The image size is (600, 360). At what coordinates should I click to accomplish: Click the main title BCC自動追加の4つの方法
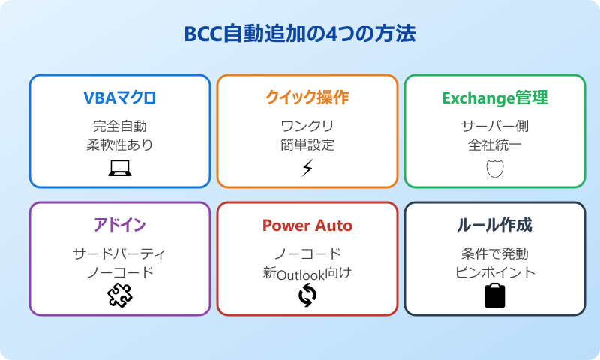click(300, 35)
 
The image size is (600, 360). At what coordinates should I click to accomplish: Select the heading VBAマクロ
click(120, 98)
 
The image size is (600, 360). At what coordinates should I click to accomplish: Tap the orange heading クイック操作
click(307, 98)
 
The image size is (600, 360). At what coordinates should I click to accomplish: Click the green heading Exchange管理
click(495, 98)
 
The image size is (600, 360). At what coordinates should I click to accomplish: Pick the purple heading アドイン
click(120, 226)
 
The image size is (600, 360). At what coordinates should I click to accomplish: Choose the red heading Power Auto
click(307, 226)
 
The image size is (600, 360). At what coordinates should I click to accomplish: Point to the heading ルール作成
click(495, 226)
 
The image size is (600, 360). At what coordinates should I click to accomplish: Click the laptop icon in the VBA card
click(120, 169)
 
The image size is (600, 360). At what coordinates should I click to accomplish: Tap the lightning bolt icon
click(307, 169)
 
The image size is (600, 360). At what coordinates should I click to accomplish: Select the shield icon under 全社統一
click(495, 169)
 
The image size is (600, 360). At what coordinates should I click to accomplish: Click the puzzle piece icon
click(120, 296)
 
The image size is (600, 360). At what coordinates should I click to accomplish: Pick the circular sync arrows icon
click(307, 296)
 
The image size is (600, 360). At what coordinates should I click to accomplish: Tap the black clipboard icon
click(495, 295)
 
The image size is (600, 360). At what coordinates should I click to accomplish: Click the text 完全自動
click(120, 126)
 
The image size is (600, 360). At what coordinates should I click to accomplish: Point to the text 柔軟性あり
click(120, 145)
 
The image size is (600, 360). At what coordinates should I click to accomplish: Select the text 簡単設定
click(307, 145)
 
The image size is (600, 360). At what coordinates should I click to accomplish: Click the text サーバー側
click(495, 126)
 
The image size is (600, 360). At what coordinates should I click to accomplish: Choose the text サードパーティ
click(120, 253)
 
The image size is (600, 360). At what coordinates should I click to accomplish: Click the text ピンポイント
click(495, 272)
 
